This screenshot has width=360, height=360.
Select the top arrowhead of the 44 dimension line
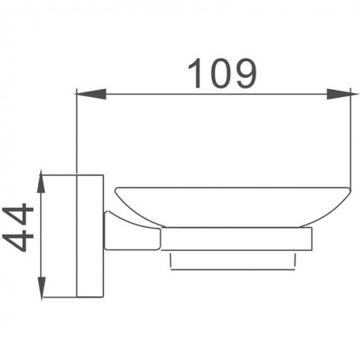click(x=43, y=184)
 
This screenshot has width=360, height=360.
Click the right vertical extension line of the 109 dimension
click(x=348, y=139)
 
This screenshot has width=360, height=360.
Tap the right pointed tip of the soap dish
click(x=347, y=188)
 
